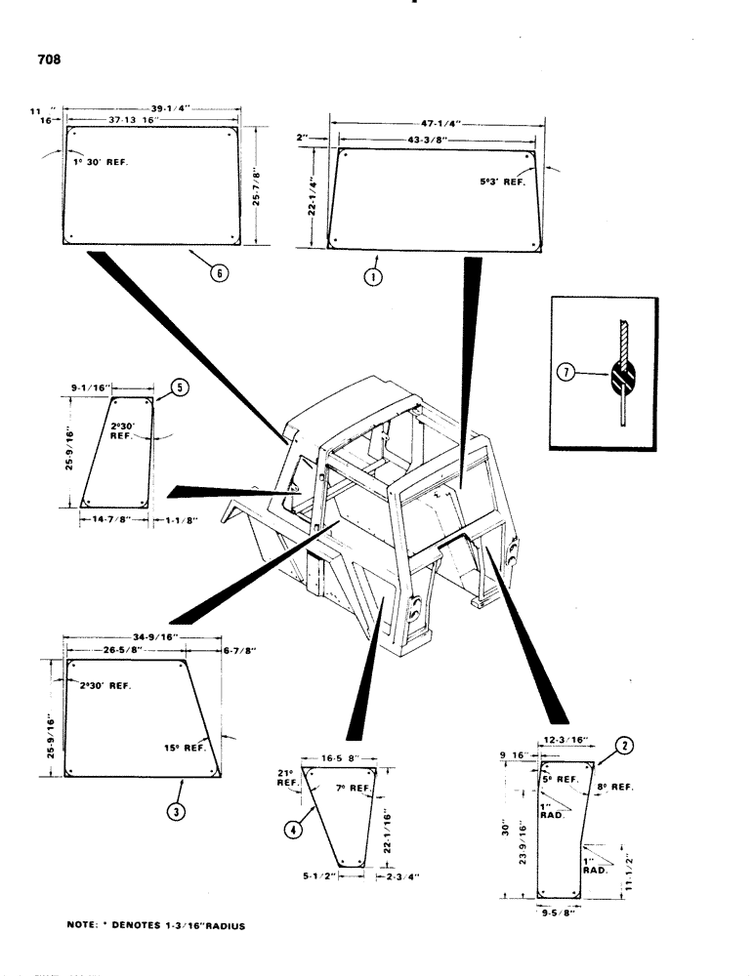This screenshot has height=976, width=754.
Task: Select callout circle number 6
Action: click(220, 274)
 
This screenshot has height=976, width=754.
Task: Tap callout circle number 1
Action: click(373, 276)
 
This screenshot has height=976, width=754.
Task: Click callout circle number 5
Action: click(179, 386)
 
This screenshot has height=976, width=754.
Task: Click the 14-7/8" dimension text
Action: click(111, 520)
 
